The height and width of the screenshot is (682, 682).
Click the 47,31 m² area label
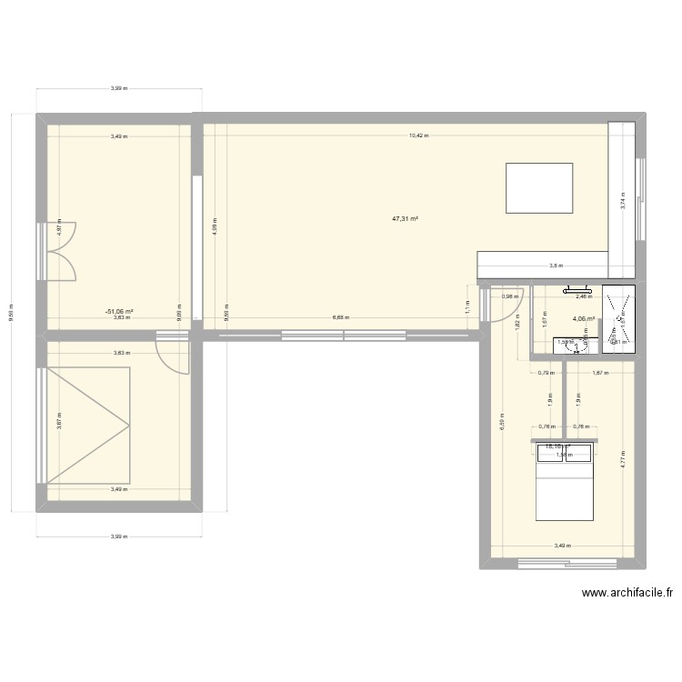405,219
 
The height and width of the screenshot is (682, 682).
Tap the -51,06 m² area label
119,310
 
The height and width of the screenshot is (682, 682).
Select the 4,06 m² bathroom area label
583,319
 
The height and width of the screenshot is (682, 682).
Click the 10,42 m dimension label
417,136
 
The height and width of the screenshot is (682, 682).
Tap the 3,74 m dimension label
623,201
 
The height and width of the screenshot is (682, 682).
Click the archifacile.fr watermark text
627,594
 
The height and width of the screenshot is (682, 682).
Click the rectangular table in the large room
539,188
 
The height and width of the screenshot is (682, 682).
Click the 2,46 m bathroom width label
584,296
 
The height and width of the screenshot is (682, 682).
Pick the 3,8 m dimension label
555,266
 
